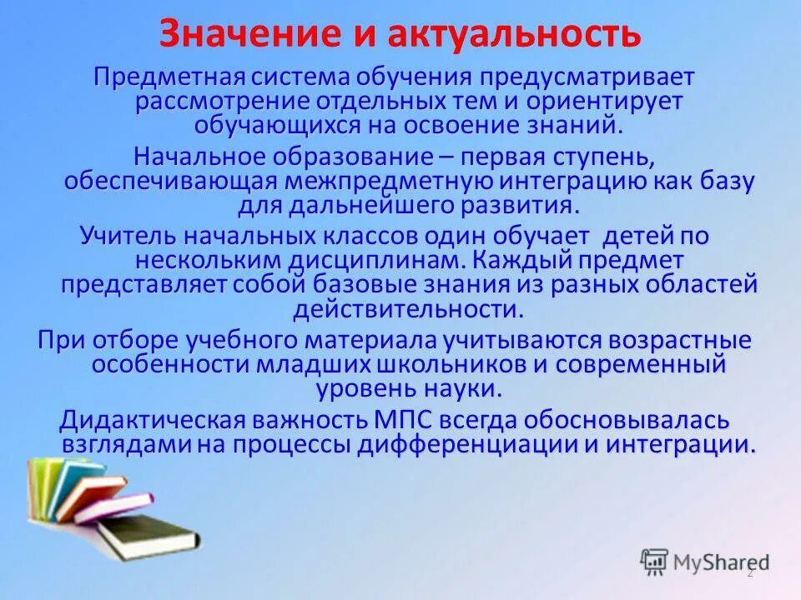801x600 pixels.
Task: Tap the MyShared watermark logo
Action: pos(705,562)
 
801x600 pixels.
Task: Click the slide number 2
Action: pos(749,573)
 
